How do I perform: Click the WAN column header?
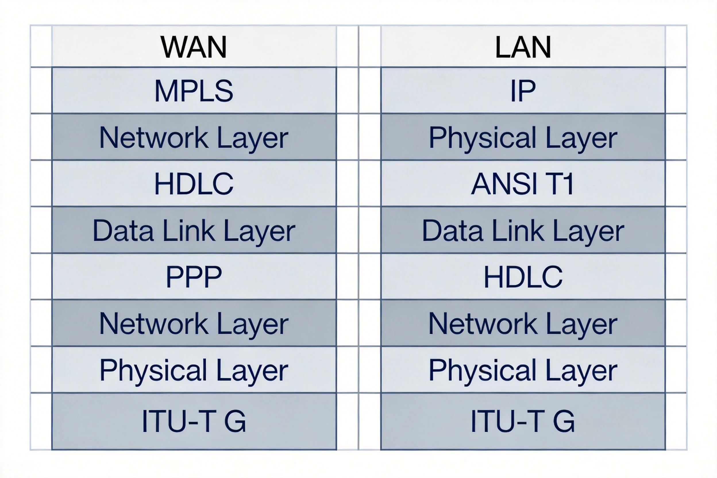pos(194,47)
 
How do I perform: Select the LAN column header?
pos(523,47)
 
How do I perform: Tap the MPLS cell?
pos(194,90)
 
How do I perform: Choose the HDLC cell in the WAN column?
pos(194,184)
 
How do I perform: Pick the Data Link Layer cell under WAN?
pos(194,230)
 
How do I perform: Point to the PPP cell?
pos(194,277)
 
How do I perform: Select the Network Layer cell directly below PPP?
pos(194,323)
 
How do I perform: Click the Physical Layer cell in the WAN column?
pos(194,370)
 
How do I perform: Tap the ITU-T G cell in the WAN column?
pos(194,421)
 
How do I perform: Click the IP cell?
pos(523,90)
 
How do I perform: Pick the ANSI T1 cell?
pos(523,184)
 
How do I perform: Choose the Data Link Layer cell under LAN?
pos(523,230)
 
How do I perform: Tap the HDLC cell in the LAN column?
pos(523,277)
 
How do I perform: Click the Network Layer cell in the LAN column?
pos(523,323)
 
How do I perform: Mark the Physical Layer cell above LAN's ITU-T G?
pos(523,370)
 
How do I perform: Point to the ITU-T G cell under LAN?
pos(523,421)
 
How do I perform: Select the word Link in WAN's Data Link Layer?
pos(189,230)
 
